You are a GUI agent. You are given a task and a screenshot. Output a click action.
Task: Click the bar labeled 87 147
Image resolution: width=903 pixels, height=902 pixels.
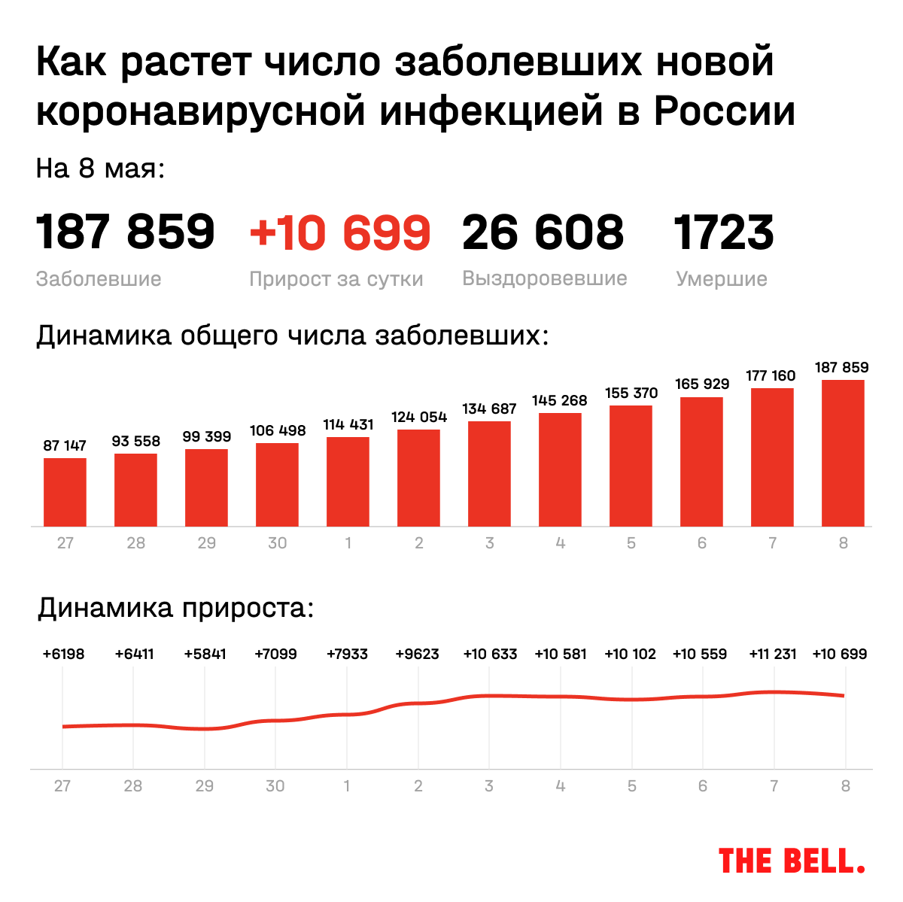[65, 492]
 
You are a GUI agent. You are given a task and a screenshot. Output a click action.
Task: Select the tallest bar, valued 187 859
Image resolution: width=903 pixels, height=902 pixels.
[843, 453]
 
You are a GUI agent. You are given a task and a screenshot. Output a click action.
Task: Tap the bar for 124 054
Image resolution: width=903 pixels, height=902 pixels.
[418, 478]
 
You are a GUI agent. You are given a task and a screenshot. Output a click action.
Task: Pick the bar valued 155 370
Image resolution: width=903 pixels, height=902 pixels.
[631, 466]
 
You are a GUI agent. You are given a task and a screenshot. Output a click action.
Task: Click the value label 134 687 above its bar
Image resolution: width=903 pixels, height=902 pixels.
[489, 408]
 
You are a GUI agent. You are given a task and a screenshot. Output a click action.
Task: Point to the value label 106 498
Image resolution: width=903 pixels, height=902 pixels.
[278, 430]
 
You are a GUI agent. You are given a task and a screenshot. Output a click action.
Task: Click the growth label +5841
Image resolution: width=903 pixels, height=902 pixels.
[205, 654]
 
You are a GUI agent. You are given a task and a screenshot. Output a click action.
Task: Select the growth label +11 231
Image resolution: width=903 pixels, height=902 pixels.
[772, 654]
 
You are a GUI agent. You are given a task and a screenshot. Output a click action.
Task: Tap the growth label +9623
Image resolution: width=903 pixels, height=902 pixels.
[417, 654]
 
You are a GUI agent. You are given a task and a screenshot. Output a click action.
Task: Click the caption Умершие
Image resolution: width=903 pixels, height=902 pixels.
[721, 279]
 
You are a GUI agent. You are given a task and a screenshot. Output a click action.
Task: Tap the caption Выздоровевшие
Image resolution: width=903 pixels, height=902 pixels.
[544, 278]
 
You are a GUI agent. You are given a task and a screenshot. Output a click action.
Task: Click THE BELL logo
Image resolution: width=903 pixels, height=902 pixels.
[792, 861]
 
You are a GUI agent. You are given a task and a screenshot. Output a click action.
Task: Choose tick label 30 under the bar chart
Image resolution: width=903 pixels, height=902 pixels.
[277, 543]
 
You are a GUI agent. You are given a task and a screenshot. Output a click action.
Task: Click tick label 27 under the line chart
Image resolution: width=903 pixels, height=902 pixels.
[62, 786]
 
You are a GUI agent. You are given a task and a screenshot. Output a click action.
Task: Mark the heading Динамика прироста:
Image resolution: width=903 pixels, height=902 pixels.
[175, 607]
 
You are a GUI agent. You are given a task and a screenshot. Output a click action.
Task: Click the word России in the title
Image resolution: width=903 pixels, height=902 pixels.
[724, 111]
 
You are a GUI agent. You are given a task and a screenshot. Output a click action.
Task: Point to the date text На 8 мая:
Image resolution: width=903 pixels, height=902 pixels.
[100, 168]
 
